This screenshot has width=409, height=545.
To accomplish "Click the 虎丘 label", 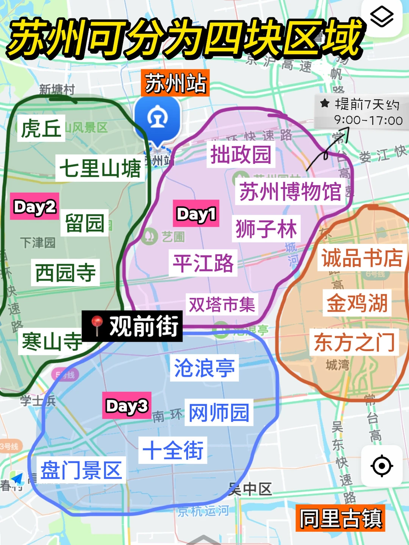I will (x=41, y=128).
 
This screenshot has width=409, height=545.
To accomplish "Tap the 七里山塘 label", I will (x=100, y=168).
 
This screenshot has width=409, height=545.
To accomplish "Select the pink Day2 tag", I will (x=34, y=206).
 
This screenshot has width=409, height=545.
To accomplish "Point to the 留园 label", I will (x=84, y=223).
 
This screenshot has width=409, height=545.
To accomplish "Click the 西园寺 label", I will (x=65, y=272).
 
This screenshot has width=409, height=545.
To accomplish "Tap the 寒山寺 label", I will (x=52, y=341).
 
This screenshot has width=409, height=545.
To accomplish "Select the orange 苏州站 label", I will (x=175, y=83).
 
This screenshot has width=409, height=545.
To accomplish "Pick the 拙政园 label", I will (x=240, y=155).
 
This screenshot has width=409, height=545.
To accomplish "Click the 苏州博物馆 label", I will (x=290, y=191).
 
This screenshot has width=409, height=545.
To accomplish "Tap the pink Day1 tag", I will (x=196, y=214).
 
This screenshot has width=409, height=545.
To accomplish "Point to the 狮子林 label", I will (x=266, y=229).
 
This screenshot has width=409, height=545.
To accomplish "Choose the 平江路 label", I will (x=203, y=263).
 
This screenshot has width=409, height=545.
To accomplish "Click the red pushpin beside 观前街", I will (x=97, y=325).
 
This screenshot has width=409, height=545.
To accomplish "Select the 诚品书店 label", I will (x=362, y=258).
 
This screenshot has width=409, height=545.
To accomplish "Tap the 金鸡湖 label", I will (x=357, y=303).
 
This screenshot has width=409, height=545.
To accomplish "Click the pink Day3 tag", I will (x=126, y=406).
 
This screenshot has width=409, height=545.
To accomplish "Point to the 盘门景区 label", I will (x=81, y=470).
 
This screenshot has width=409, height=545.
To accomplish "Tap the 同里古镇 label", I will (x=340, y=518).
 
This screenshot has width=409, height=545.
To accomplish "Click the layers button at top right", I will (x=381, y=17).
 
